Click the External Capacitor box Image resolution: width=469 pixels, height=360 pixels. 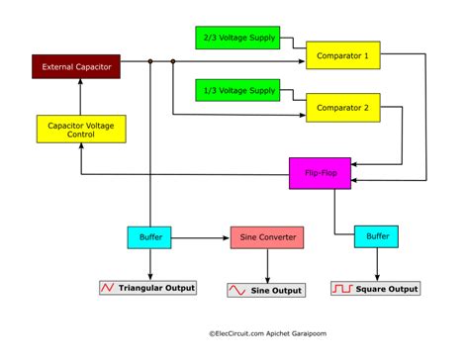(76, 66)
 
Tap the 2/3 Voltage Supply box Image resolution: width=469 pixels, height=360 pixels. (237, 38)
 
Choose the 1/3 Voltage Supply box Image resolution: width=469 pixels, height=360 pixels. (237, 90)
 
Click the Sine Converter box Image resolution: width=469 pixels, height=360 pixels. (267, 237)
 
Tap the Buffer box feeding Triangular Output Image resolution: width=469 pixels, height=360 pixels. (150, 237)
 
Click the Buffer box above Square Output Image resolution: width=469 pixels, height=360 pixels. (379, 237)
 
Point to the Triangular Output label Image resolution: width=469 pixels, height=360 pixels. (156, 288)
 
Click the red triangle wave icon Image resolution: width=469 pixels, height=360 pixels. (108, 288)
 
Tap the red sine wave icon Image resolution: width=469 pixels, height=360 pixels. (237, 290)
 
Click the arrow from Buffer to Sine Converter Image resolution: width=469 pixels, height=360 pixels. (202, 237)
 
